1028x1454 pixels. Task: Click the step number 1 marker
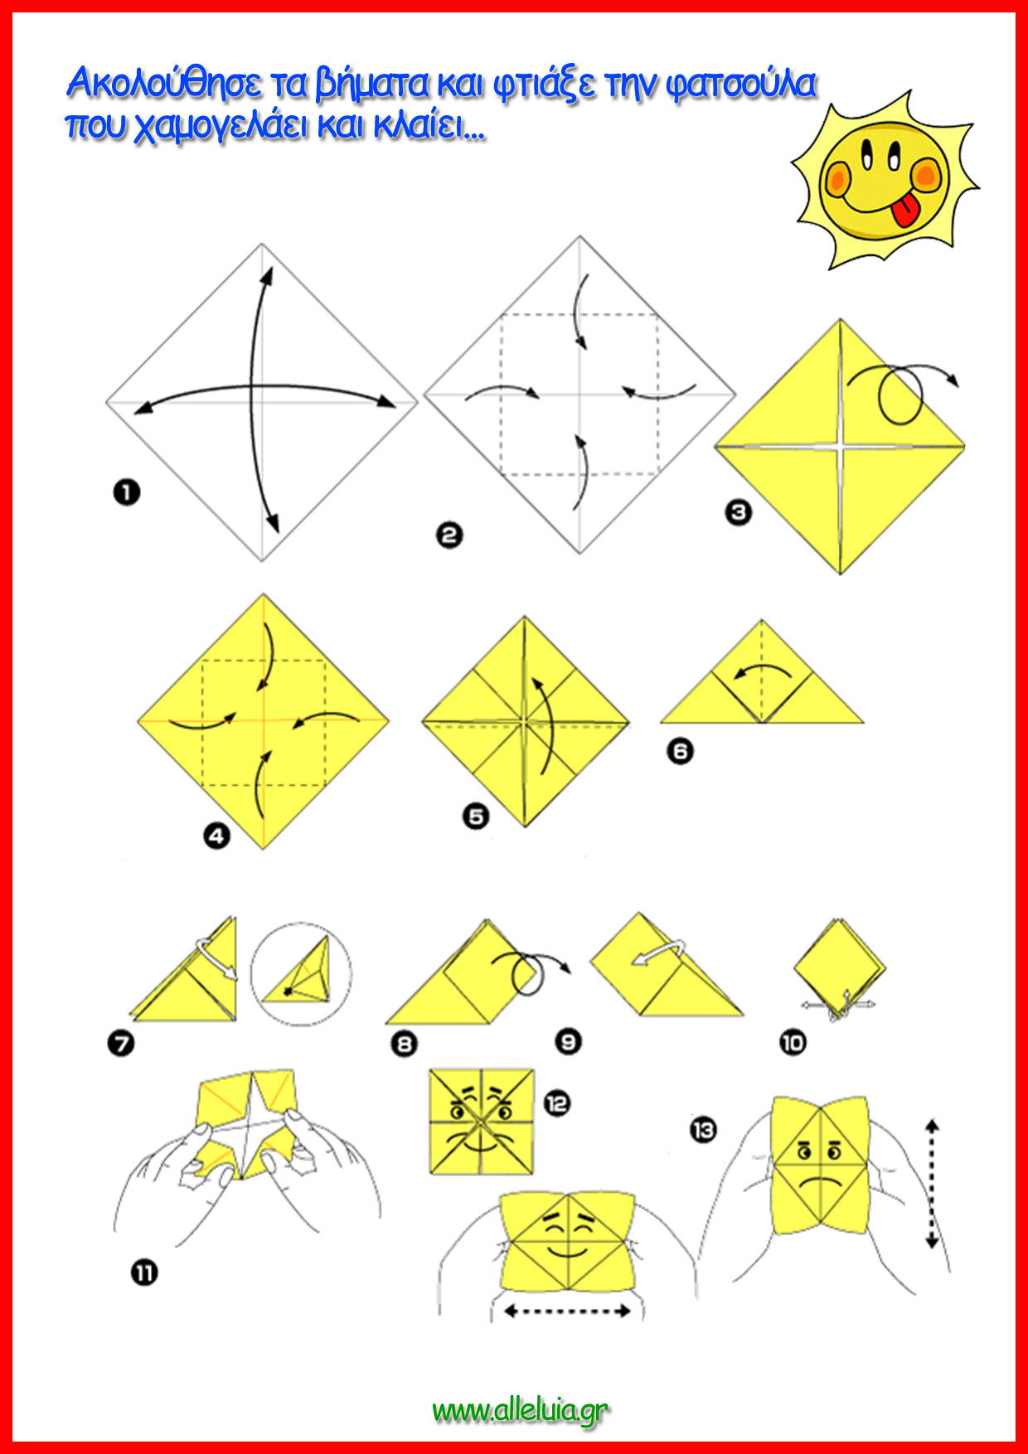pos(126,492)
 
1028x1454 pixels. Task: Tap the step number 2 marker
pos(449,535)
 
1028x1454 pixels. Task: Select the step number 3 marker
pos(738,512)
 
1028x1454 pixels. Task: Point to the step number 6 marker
pos(680,751)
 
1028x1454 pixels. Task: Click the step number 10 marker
pos(793,1042)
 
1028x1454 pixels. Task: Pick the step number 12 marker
pos(557,1103)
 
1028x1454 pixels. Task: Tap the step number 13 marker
pos(703,1129)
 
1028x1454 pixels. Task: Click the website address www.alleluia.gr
pos(520,1411)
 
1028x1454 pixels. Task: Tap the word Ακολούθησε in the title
pos(165,83)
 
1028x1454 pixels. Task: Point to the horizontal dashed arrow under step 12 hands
pos(568,1311)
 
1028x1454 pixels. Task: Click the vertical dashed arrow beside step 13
pos(932,1184)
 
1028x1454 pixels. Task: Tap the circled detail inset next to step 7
pos(301,973)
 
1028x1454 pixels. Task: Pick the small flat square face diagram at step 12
pos(481,1121)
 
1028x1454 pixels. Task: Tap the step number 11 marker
pos(144,1272)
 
